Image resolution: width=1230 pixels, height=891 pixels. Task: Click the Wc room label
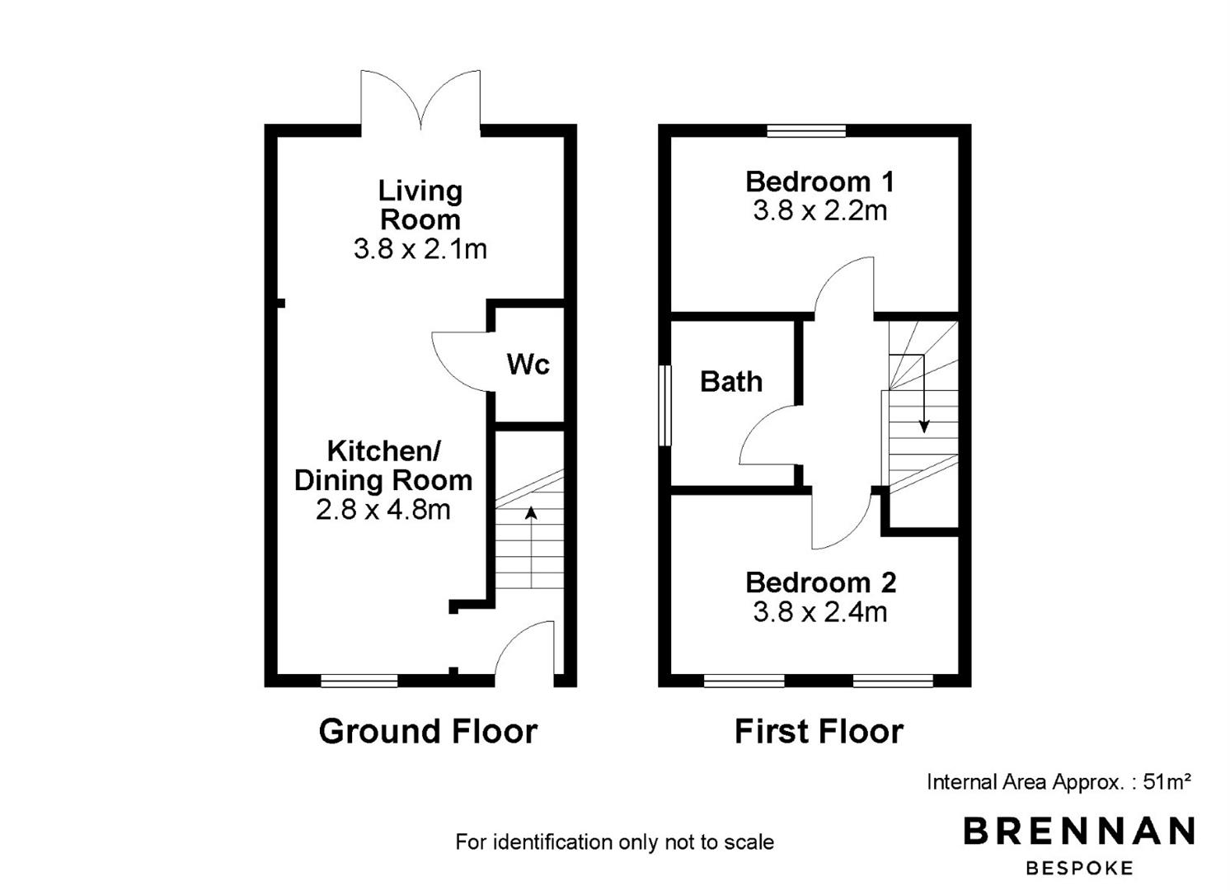pyautogui.click(x=528, y=364)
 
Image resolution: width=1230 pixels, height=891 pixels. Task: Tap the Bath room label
pyautogui.click(x=731, y=381)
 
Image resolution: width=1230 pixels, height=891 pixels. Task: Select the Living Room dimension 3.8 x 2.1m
pyautogui.click(x=420, y=249)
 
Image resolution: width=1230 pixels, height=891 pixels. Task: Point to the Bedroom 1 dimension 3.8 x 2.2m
pyautogui.click(x=819, y=210)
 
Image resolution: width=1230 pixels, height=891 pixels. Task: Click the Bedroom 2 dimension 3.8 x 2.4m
pyautogui.click(x=819, y=612)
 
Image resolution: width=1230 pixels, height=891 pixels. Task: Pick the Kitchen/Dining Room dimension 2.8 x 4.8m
pyautogui.click(x=383, y=510)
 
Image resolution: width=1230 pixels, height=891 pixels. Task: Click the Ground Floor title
pyautogui.click(x=428, y=732)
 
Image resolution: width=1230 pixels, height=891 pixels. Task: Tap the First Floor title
pyautogui.click(x=819, y=732)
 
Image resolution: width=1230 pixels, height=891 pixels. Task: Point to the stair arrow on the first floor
pyautogui.click(x=924, y=394)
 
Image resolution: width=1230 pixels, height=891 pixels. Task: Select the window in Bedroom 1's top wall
pyautogui.click(x=806, y=130)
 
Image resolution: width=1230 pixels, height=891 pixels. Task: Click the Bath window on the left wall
pyautogui.click(x=664, y=406)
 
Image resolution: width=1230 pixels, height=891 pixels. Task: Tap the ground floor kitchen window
pyautogui.click(x=359, y=681)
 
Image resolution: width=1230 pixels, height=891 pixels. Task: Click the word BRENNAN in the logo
pyautogui.click(x=1078, y=831)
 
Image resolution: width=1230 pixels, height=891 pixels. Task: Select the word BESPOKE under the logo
pyautogui.click(x=1078, y=868)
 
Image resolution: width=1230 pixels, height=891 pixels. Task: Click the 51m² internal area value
pyautogui.click(x=1167, y=781)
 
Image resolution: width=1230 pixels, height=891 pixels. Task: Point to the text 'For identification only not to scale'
pyautogui.click(x=614, y=842)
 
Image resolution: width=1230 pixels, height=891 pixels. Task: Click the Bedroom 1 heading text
pyautogui.click(x=819, y=182)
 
